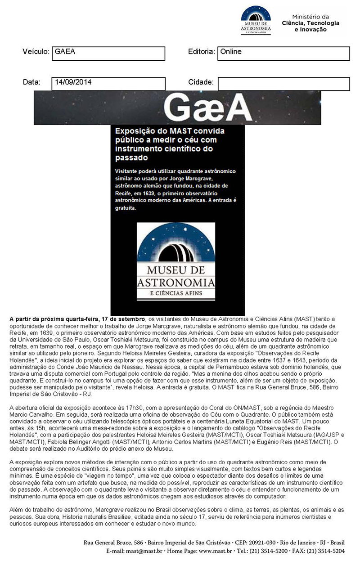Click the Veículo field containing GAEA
(108, 53)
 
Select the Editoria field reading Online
(283, 53)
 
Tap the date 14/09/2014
(108, 83)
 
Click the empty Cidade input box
(283, 84)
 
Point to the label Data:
(31, 82)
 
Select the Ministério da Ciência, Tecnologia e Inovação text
(310, 23)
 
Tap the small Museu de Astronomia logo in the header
(256, 20)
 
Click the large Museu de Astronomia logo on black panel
(176, 261)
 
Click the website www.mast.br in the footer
(216, 551)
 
